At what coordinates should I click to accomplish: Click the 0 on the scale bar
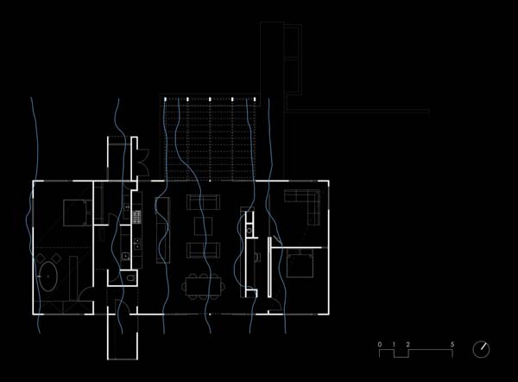coord(380,344)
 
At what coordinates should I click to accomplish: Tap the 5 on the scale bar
coord(452,344)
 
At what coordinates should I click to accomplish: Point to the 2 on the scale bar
coord(408,344)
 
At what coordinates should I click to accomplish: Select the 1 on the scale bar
coord(394,344)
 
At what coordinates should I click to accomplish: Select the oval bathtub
coord(48,277)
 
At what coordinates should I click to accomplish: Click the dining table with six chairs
coord(203,286)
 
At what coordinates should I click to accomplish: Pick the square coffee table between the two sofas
coord(203,226)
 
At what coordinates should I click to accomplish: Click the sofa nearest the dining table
coord(203,250)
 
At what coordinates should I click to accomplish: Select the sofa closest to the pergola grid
coord(203,202)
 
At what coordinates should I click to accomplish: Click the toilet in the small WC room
coord(131,277)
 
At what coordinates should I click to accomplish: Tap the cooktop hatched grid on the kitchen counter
coord(137,217)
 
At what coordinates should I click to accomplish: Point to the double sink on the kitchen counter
coord(137,244)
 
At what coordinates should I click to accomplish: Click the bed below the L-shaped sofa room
coord(300,264)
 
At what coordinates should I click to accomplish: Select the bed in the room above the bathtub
coord(78,213)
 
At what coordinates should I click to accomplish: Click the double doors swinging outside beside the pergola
coord(143,162)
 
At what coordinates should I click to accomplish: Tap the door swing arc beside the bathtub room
coord(86,293)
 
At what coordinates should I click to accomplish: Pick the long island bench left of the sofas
coord(163,230)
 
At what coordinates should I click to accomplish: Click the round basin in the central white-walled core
coord(250,230)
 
